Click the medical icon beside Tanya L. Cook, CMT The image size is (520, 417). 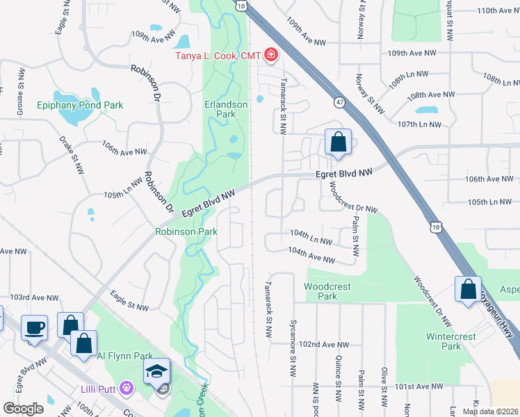click(x=269, y=56)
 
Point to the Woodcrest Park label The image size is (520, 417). click(x=327, y=291)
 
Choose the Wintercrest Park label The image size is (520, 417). click(x=452, y=341)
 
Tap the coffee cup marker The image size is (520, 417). click(x=33, y=327)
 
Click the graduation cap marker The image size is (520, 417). click(x=156, y=370)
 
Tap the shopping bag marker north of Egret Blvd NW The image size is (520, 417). click(x=338, y=142)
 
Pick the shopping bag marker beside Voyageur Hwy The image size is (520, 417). click(x=469, y=288)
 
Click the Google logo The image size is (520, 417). click(x=23, y=409)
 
